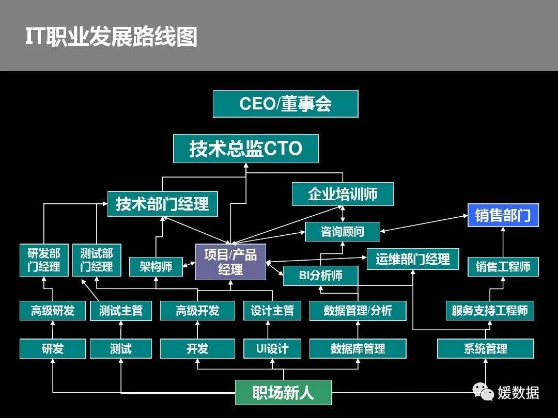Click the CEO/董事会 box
(285, 104)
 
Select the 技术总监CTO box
(245, 149)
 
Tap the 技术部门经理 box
(162, 203)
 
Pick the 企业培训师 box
(343, 194)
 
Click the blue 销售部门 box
(503, 215)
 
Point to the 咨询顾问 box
(342, 232)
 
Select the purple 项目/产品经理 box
(230, 262)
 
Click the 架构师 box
(156, 267)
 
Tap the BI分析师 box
(320, 275)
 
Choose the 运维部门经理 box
(412, 259)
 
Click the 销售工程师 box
(503, 267)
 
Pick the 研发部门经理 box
(44, 260)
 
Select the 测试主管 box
(121, 311)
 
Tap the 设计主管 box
(272, 311)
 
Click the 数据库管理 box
(358, 349)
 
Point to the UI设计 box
(272, 349)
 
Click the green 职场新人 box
(283, 393)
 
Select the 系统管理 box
(485, 349)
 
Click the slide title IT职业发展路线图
(112, 37)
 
